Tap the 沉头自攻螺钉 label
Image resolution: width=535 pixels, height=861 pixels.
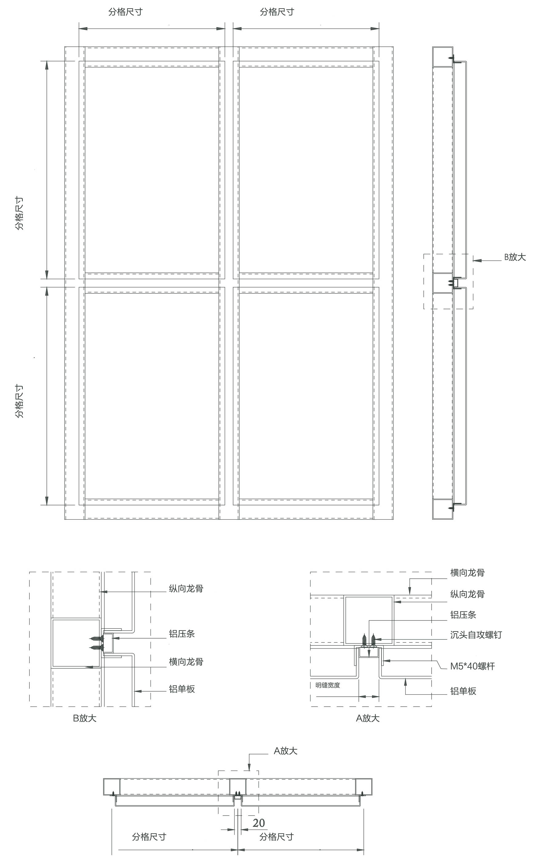pyautogui.click(x=476, y=635)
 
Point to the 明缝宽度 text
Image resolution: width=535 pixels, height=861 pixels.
pyautogui.click(x=328, y=685)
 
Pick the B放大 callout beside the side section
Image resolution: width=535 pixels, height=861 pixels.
pyautogui.click(x=515, y=257)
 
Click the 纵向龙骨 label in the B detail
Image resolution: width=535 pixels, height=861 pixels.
pyautogui.click(x=186, y=589)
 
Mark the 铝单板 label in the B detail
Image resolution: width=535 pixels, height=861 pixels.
pyautogui.click(x=182, y=689)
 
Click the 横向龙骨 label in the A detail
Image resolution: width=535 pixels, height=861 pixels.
pyautogui.click(x=467, y=573)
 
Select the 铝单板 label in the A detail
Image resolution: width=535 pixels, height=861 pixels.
pyautogui.click(x=463, y=691)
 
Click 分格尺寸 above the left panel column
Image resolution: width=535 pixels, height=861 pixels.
pyautogui.click(x=126, y=12)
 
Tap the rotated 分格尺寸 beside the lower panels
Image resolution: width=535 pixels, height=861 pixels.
pyautogui.click(x=19, y=401)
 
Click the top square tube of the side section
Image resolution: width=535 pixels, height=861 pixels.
pyautogui.click(x=443, y=57)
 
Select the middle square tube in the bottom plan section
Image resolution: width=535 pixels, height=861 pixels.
pyautogui.click(x=238, y=787)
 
